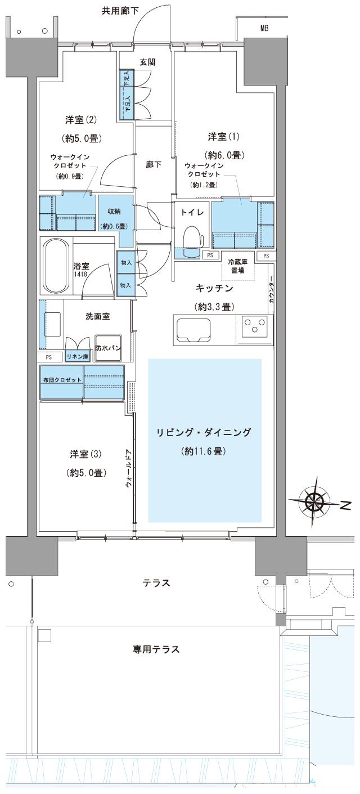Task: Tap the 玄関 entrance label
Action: tap(147, 62)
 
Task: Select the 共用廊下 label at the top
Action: tap(120, 10)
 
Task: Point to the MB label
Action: tap(264, 28)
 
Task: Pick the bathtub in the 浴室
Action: tap(56, 267)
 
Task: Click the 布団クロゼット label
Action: tap(62, 380)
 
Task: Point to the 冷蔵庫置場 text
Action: tap(239, 266)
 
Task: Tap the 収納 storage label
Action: tap(115, 212)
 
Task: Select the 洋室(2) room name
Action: tap(82, 119)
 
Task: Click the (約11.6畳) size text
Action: tap(204, 451)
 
